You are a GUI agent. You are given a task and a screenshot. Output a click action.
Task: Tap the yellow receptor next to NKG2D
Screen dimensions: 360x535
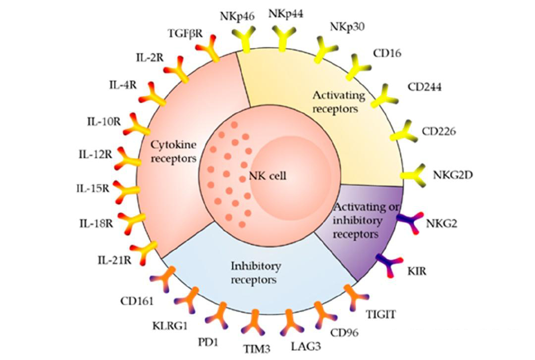[413, 173]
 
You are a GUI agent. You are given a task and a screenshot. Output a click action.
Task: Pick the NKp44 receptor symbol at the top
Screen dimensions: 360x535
[283, 37]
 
